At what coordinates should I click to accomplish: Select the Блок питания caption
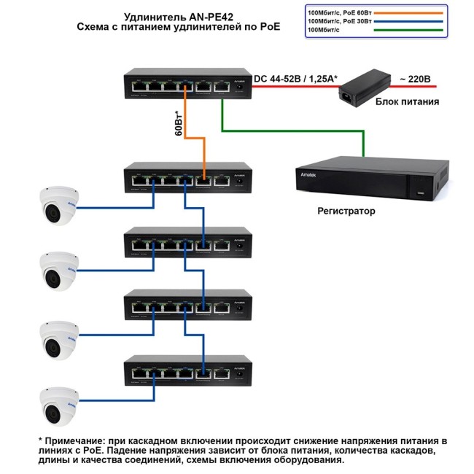pos(407,103)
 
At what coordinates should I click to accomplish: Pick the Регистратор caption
pos(346,211)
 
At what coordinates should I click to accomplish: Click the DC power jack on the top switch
pos(238,88)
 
